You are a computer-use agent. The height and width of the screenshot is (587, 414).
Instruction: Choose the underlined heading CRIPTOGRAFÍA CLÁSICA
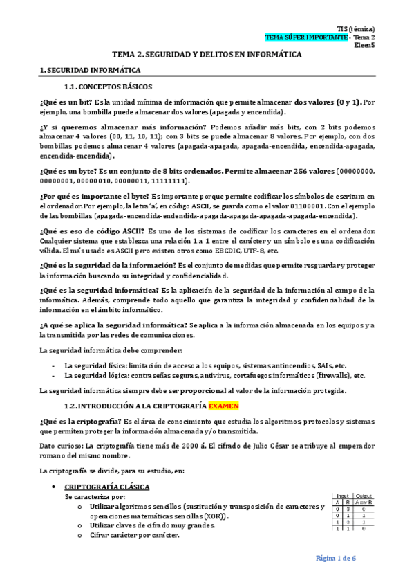pos(106,487)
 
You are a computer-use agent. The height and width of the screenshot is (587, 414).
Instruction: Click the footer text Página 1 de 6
pos(335,558)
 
